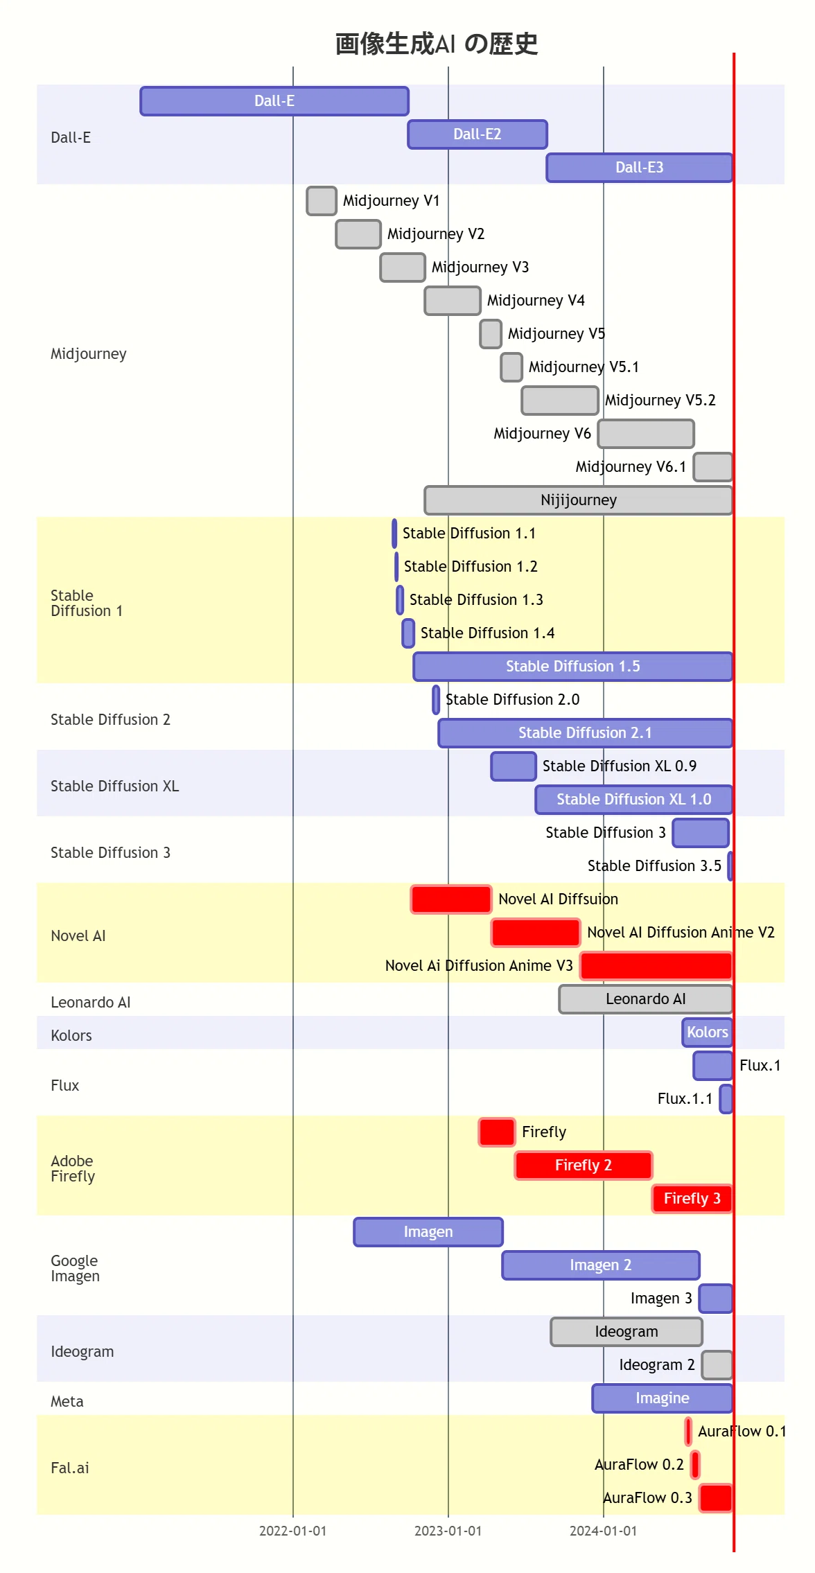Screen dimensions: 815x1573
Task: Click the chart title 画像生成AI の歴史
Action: (437, 44)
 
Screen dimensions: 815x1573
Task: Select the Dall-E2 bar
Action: (477, 134)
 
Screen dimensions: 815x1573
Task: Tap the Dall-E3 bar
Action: (640, 168)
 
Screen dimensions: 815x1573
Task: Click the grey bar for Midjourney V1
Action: (322, 201)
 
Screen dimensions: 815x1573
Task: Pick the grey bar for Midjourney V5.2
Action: (560, 401)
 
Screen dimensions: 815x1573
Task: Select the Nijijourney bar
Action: (579, 500)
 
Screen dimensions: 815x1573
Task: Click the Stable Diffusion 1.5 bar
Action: (573, 667)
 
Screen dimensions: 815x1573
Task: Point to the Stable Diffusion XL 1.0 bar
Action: (634, 800)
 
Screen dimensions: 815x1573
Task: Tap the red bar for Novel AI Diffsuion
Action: (451, 899)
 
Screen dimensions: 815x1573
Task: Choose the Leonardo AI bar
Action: (646, 999)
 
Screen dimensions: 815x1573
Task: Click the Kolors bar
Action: (708, 1032)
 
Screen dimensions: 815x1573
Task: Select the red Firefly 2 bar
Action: (584, 1166)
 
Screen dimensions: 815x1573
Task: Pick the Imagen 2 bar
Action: (601, 1265)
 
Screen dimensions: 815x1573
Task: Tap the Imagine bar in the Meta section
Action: (663, 1398)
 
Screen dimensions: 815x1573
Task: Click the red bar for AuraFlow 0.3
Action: (716, 1498)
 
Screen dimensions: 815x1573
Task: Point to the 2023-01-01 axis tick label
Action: (448, 1531)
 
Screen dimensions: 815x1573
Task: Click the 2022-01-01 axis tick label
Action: (292, 1531)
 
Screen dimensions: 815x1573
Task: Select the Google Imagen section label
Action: (75, 1268)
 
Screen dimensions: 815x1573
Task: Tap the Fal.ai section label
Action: (70, 1468)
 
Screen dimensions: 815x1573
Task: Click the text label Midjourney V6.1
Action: (631, 467)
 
